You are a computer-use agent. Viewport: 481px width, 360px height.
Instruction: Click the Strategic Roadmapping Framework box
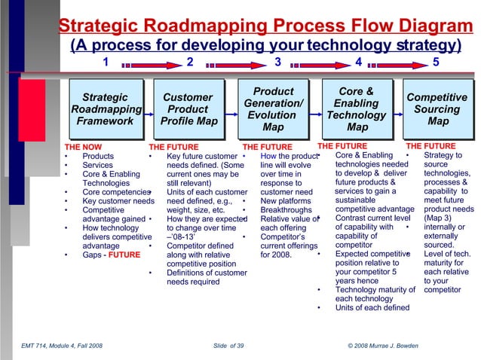[x=105, y=109]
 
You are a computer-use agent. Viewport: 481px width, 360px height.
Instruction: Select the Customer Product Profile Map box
[x=188, y=109]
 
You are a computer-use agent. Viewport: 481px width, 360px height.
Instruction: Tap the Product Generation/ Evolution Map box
[x=273, y=109]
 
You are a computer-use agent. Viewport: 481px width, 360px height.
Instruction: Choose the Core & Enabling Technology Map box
[x=357, y=109]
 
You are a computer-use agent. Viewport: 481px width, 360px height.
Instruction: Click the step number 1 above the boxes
[x=106, y=62]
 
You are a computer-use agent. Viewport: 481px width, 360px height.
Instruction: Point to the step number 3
[x=277, y=62]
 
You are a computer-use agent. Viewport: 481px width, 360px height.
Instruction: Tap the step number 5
[x=437, y=62]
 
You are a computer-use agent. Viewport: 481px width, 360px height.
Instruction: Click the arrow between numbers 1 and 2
[x=148, y=63]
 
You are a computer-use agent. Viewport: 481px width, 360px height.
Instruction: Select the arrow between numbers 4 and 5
[x=397, y=63]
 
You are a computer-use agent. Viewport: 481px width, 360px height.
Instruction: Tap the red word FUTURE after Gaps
[x=124, y=255]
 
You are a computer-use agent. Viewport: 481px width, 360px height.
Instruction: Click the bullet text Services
[x=97, y=166]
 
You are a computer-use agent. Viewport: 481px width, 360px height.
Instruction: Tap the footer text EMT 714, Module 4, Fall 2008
[x=62, y=345]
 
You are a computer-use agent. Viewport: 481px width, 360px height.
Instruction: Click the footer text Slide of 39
[x=228, y=345]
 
